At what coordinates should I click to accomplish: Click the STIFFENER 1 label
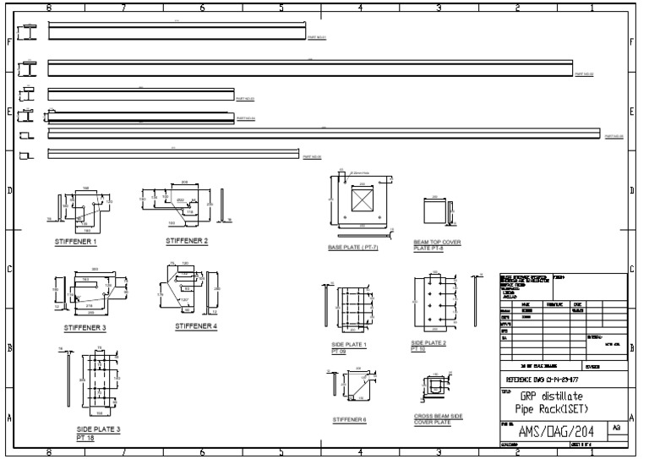point(75,241)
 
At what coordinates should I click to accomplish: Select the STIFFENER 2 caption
point(187,241)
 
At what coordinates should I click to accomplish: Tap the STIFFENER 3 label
point(85,327)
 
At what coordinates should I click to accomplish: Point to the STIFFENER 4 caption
point(196,325)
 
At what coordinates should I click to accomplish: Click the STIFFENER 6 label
point(349,418)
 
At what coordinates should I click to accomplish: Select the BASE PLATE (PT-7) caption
point(353,248)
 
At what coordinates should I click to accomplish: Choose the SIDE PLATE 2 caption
point(428,345)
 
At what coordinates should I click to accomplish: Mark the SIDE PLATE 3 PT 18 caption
point(98,434)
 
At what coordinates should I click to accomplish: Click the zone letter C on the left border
point(9,270)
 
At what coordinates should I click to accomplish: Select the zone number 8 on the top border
point(48,8)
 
